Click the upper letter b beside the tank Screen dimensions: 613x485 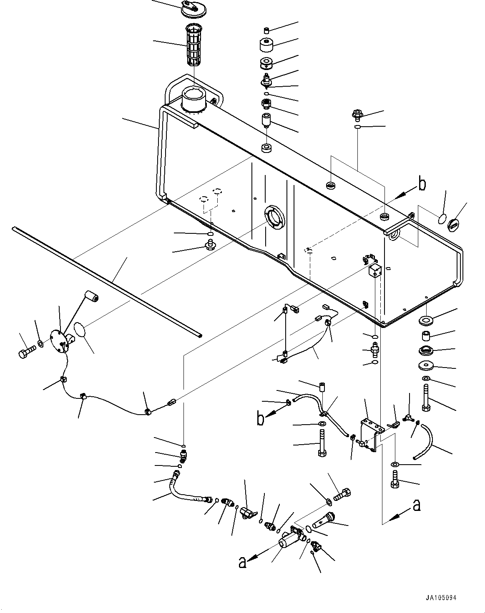(x=422, y=185)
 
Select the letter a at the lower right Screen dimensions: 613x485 (x=416, y=505)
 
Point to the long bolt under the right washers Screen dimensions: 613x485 (x=426, y=398)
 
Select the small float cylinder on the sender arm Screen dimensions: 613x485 (x=91, y=298)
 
